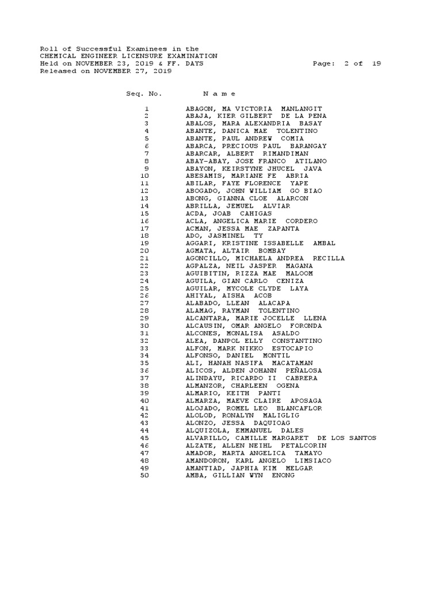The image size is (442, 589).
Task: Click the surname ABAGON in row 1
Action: point(199,109)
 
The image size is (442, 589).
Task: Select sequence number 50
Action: point(144,475)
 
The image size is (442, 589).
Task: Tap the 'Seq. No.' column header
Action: point(144,93)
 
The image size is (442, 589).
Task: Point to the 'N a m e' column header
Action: point(219,93)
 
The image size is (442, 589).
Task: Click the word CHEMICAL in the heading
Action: point(58,56)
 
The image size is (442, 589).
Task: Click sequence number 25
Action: point(144,288)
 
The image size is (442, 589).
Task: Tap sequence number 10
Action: point(144,176)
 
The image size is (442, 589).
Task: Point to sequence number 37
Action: point(144,378)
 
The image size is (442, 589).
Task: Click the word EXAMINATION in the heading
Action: point(193,56)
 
